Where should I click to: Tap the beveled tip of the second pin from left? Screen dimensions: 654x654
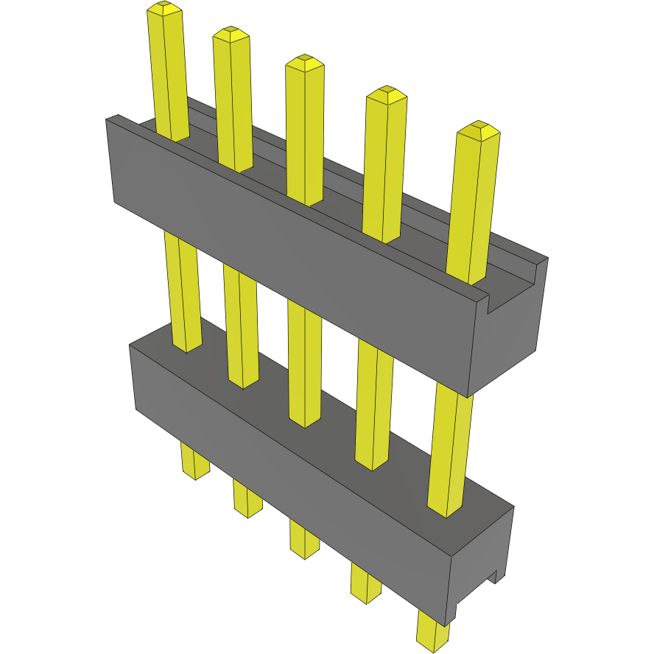pyautogui.click(x=231, y=33)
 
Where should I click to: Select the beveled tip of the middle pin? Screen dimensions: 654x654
pyautogui.click(x=305, y=62)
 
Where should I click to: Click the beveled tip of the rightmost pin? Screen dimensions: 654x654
pyautogui.click(x=479, y=131)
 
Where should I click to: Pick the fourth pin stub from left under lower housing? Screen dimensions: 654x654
pyautogui.click(x=365, y=583)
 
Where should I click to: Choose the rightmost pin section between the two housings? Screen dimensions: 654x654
pyautogui.click(x=448, y=449)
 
